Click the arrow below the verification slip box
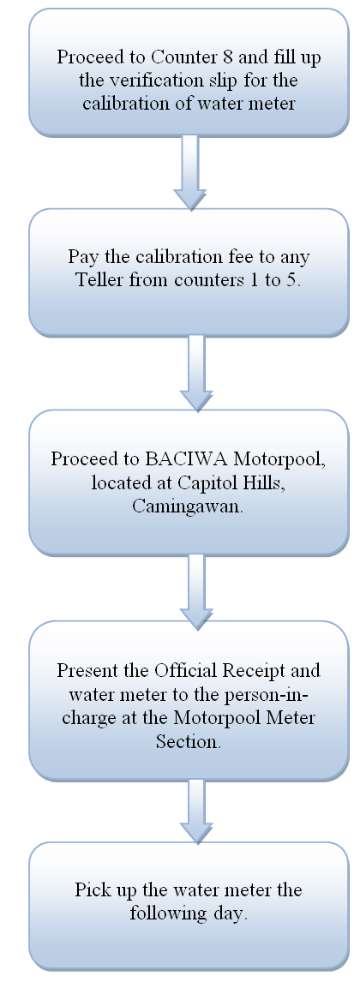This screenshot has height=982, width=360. click(189, 172)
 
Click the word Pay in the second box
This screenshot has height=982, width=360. click(81, 258)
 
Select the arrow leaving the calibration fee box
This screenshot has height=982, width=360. click(196, 373)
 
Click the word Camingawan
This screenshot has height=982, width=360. click(188, 506)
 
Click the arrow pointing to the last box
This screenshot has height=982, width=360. click(196, 811)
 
